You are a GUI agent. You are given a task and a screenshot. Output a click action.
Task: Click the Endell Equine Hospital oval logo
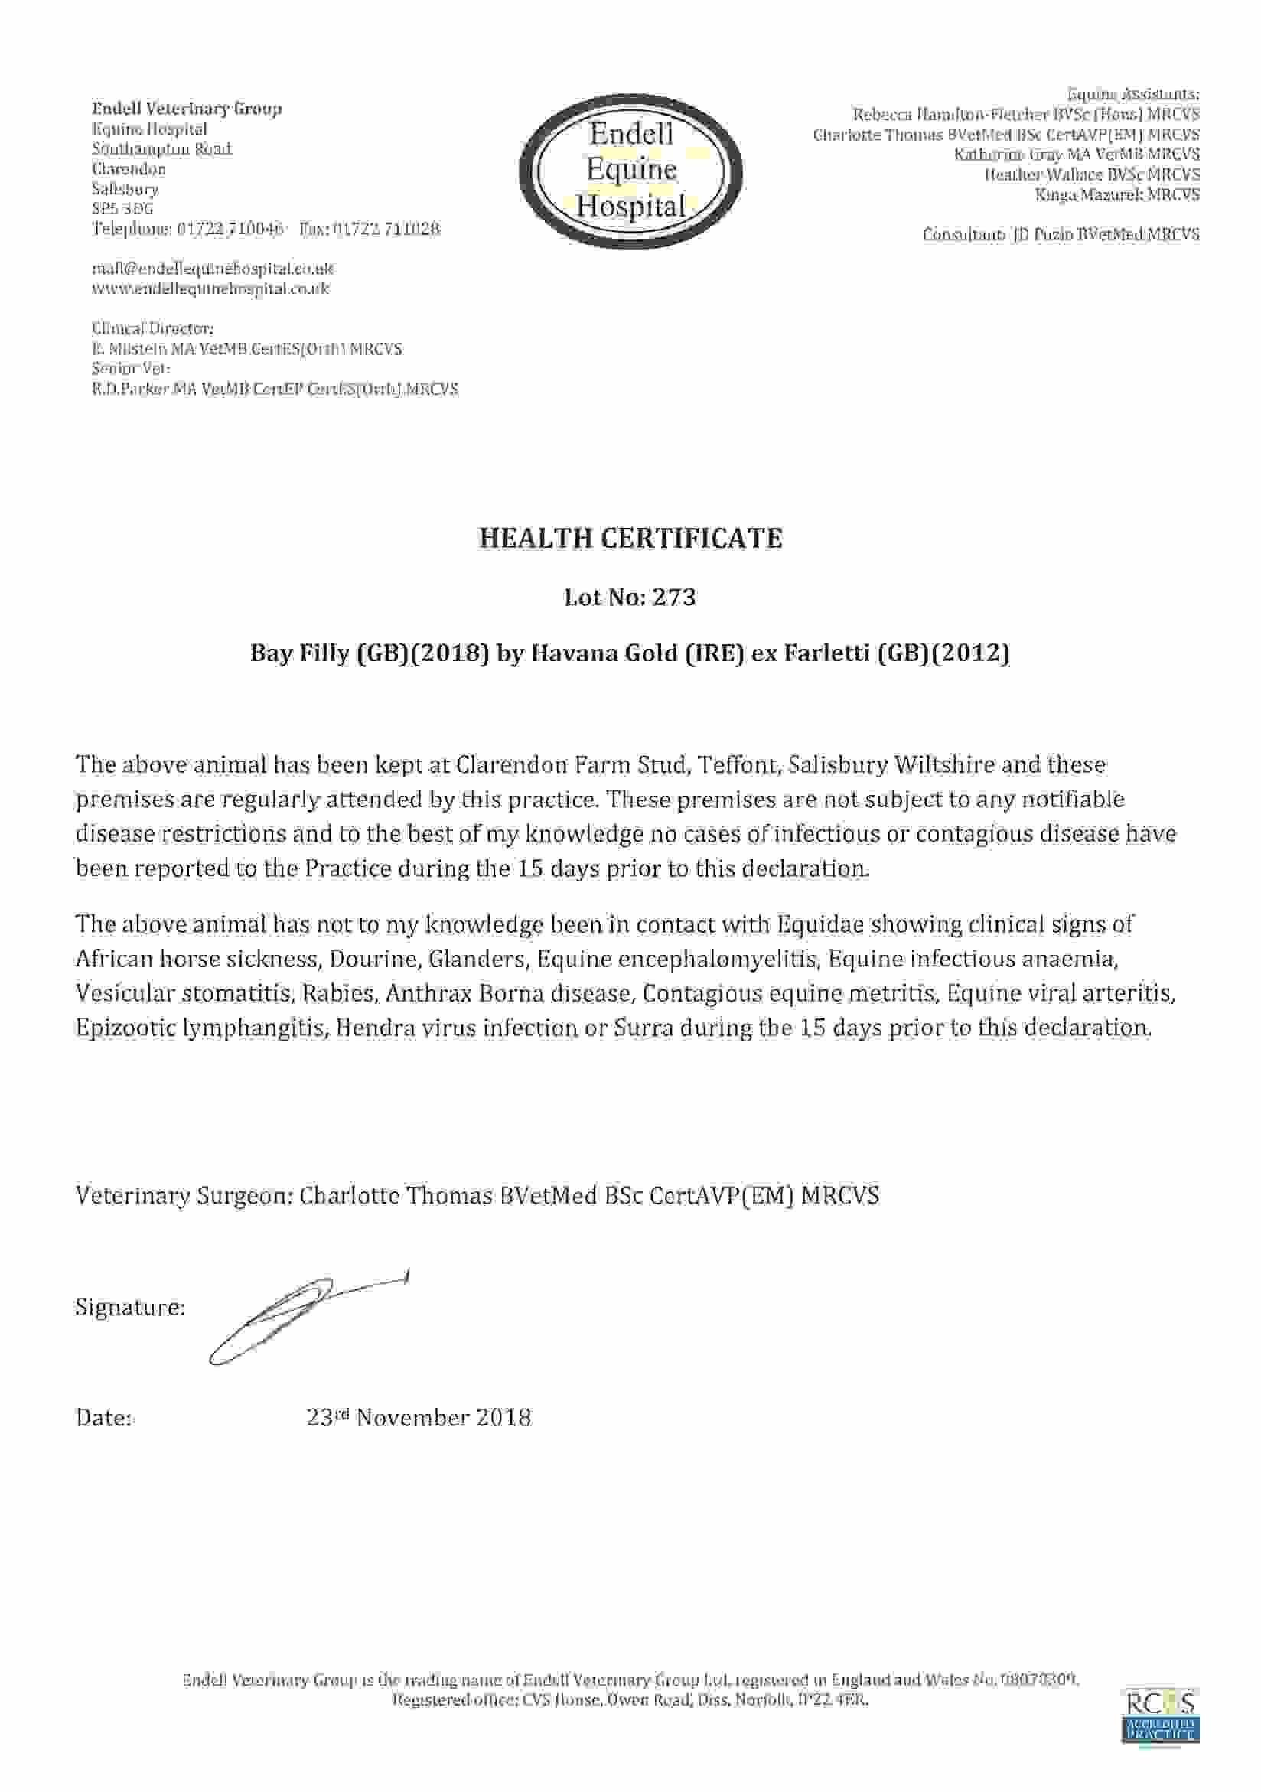click(x=630, y=171)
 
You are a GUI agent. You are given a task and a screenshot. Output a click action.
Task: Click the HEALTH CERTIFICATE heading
click(x=630, y=538)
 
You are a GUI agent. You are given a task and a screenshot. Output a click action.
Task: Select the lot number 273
click(x=674, y=597)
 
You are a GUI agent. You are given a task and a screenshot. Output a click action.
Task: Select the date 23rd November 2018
click(x=419, y=1417)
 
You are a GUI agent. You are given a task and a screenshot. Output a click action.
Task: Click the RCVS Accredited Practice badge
click(x=1160, y=1716)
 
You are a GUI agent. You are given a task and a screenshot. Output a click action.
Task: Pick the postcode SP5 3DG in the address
click(x=122, y=209)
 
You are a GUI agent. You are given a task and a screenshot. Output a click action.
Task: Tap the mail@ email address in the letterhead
click(x=213, y=269)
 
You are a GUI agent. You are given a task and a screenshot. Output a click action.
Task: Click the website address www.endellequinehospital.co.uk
click(x=210, y=288)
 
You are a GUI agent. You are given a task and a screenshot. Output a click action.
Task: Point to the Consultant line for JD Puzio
click(x=1061, y=234)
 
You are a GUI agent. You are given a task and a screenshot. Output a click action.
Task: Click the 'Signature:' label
click(x=129, y=1308)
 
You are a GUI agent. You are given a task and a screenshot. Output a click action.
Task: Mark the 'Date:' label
click(x=105, y=1418)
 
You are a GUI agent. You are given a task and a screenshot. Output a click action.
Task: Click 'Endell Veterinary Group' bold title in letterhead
click(x=187, y=109)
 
